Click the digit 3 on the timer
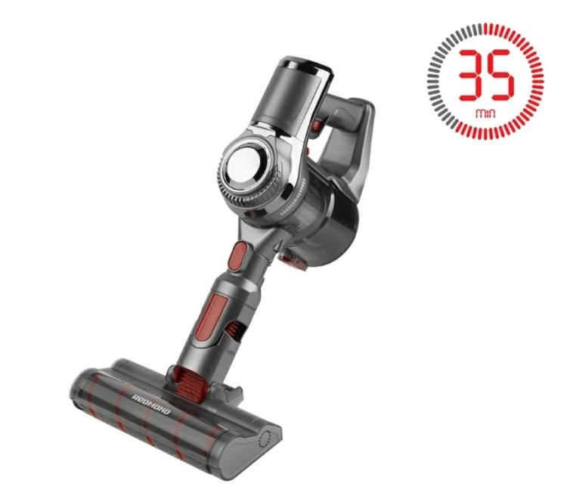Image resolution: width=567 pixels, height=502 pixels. pyautogui.click(x=472, y=76)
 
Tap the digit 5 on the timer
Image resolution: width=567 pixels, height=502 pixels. pyautogui.click(x=500, y=76)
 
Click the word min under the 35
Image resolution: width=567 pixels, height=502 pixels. pyautogui.click(x=485, y=114)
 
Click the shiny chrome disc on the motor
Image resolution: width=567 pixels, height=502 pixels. pyautogui.click(x=244, y=163)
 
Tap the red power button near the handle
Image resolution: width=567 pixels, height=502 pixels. pyautogui.click(x=315, y=125)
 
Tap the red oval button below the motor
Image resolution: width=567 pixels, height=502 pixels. pyautogui.click(x=237, y=257)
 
